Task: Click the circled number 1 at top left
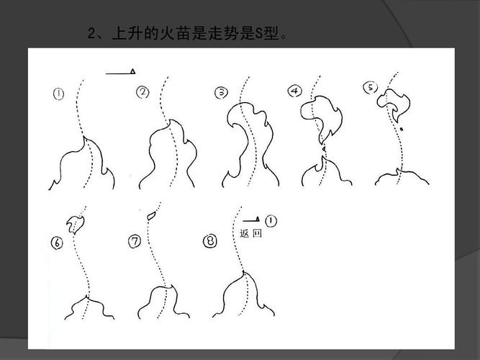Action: (x=58, y=94)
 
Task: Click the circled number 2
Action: (x=142, y=91)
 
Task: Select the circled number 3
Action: (x=222, y=92)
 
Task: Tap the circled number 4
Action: (x=295, y=91)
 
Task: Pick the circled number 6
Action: (x=58, y=243)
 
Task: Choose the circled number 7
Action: (x=135, y=242)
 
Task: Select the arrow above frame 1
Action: (x=122, y=72)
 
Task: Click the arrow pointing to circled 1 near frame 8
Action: (x=250, y=220)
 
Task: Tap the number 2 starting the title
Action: (x=91, y=35)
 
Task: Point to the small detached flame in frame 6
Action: (x=75, y=224)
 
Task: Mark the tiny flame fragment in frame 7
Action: (x=152, y=214)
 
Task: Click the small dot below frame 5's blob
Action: (x=402, y=130)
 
